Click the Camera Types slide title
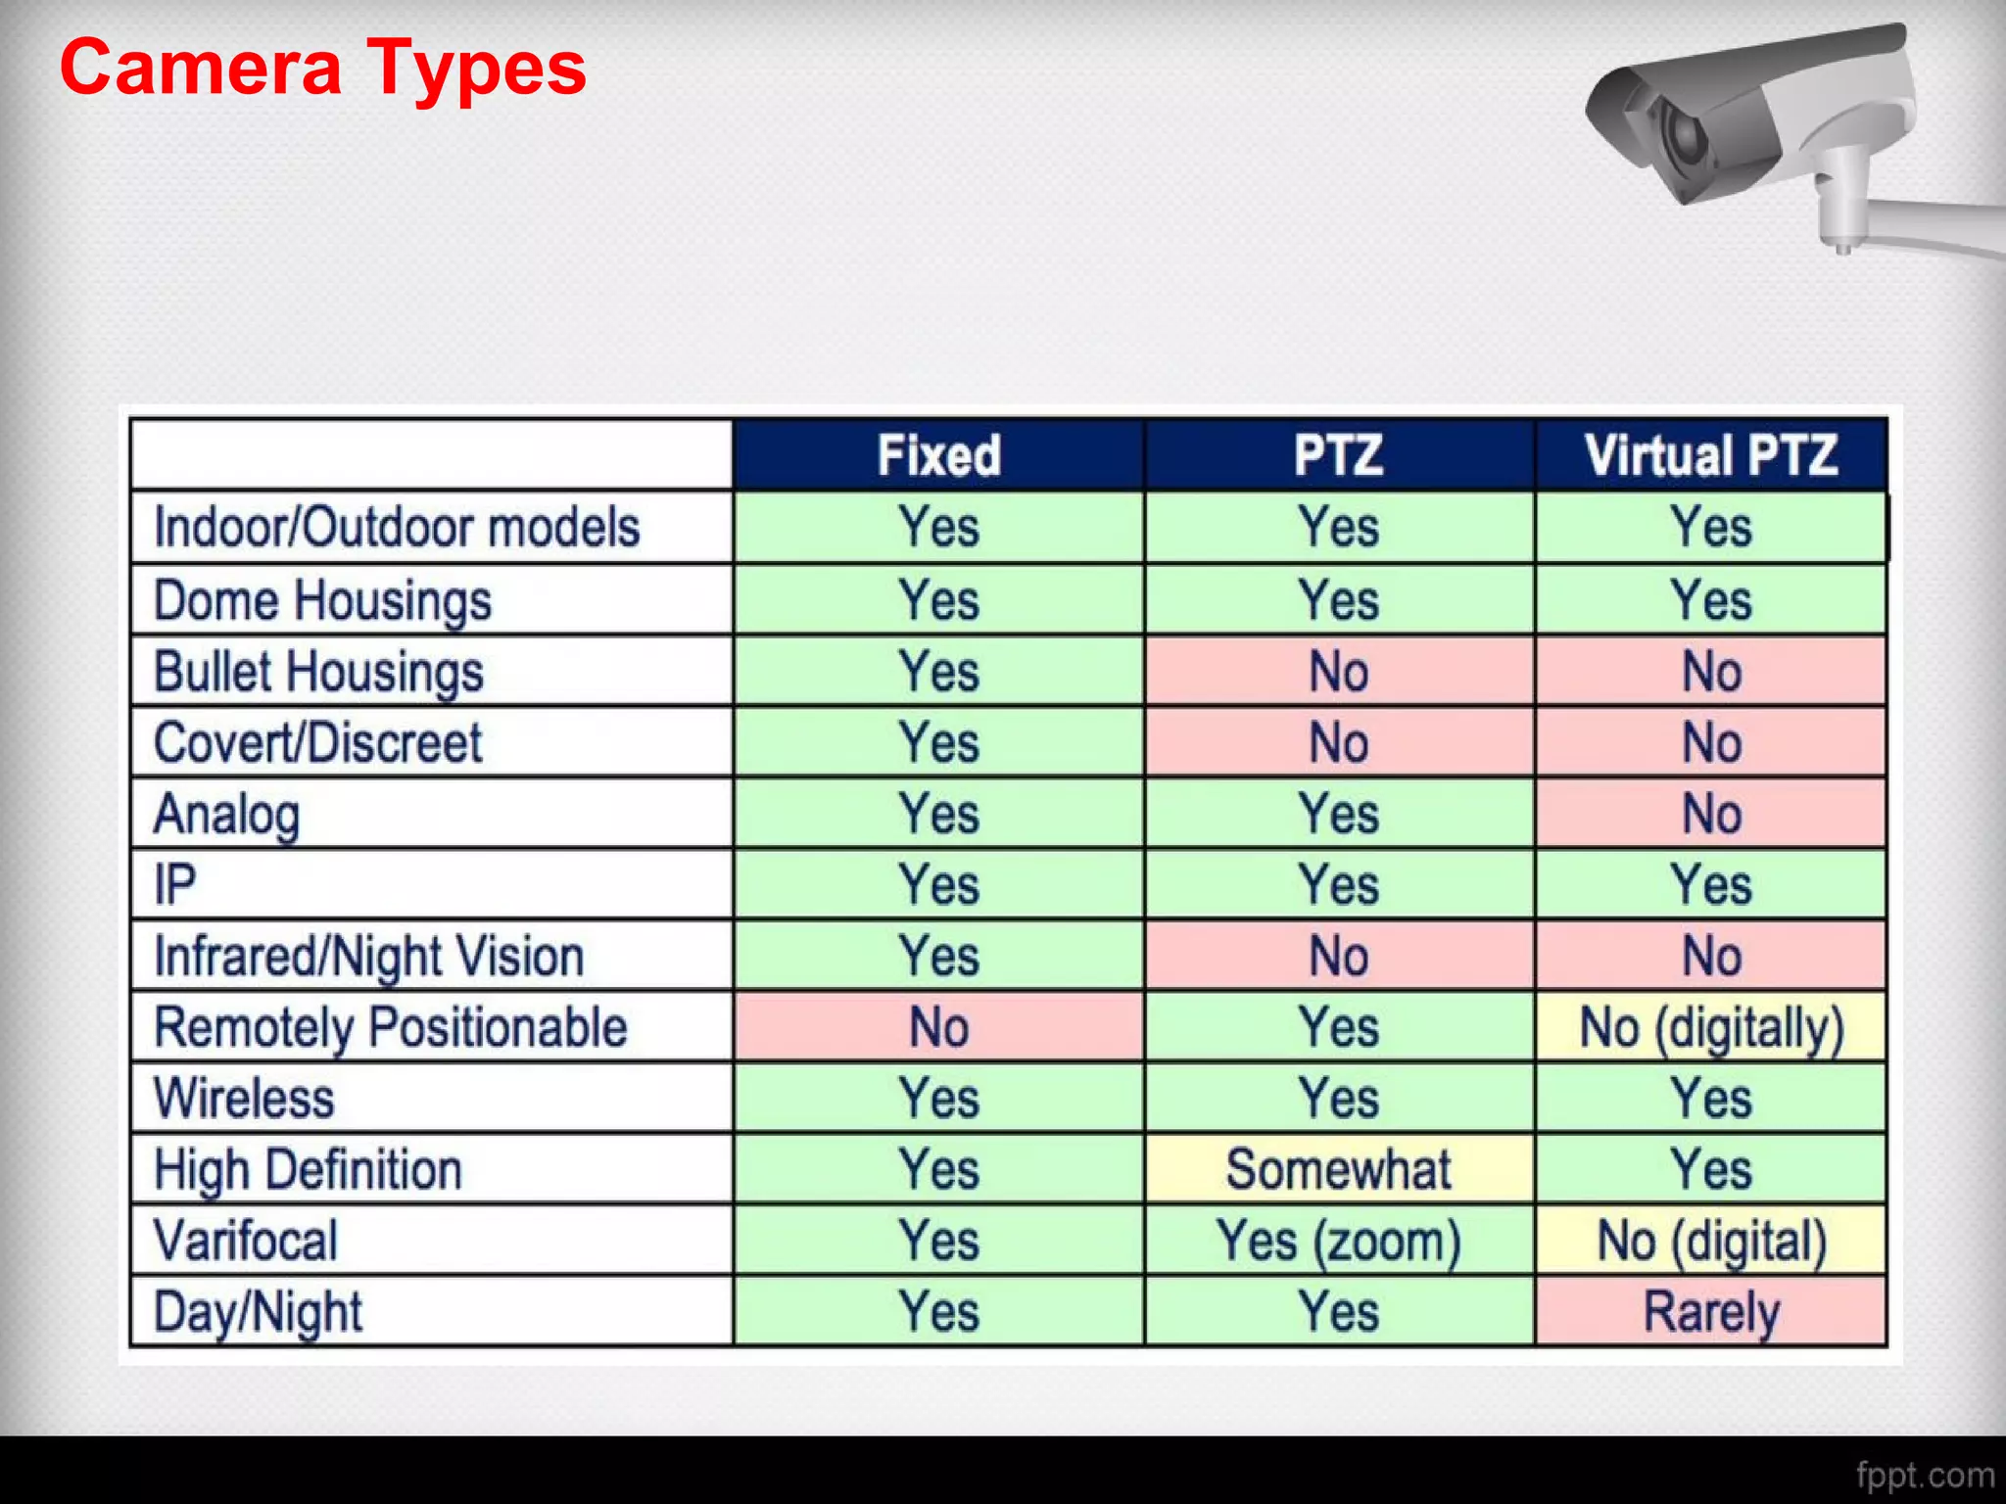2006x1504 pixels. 322,69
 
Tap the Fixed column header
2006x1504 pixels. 938,455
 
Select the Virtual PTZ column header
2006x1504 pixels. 1710,455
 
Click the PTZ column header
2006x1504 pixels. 1338,455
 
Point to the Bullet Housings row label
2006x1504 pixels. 318,673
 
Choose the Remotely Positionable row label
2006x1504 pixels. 390,1028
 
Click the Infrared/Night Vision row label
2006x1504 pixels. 368,957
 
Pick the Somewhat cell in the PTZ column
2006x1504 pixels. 1338,1169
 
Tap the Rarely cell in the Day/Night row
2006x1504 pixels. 1710,1312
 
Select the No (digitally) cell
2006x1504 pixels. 1710,1028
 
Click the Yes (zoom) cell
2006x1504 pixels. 1338,1241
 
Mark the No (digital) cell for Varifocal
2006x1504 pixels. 1710,1241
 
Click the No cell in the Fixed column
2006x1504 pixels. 938,1028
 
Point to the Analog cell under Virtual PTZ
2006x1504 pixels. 1710,814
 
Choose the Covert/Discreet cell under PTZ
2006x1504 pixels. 1338,743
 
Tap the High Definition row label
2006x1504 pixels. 308,1169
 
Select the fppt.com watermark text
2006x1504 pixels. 1924,1475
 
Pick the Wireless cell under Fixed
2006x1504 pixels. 938,1099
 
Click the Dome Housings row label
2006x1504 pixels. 322,600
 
